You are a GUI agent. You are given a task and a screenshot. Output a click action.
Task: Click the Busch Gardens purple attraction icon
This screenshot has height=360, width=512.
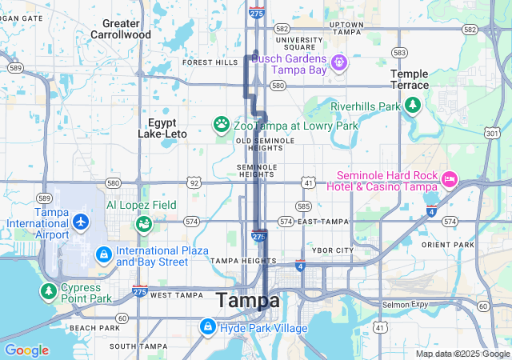338,62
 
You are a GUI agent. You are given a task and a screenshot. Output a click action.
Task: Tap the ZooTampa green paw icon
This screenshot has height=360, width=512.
221,125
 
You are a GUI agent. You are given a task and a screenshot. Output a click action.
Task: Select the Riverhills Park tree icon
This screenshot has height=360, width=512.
412,105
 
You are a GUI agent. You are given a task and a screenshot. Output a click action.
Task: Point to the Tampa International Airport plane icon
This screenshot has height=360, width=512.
81,222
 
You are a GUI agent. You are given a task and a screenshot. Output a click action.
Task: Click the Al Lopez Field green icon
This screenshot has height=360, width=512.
143,224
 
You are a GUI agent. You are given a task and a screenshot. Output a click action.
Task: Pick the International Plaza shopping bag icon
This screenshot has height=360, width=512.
103,255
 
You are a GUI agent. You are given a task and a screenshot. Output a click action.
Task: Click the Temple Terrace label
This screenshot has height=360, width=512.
409,79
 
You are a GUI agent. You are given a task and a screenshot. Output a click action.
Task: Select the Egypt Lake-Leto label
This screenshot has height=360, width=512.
167,128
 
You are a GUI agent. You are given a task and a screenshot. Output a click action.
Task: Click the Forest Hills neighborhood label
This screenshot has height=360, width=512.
210,62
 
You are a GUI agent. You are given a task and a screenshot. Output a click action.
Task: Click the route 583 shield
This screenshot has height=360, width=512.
399,52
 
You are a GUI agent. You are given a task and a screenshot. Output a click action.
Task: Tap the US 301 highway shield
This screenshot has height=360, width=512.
492,132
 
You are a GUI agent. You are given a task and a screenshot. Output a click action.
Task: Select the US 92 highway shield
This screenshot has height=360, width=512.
194,182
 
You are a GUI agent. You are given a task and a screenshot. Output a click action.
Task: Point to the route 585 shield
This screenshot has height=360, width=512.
303,206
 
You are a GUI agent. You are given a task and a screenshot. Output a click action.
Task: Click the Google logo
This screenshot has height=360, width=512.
26,350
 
